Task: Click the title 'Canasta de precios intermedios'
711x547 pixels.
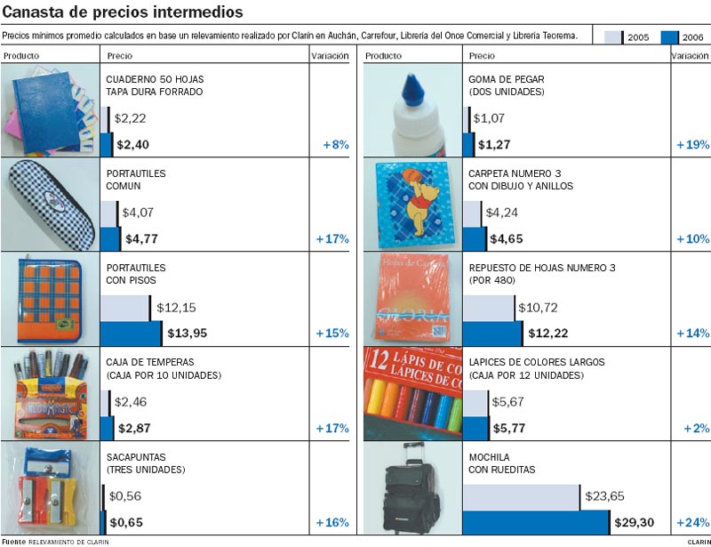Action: pyautogui.click(x=123, y=12)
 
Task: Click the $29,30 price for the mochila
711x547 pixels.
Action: pyautogui.click(x=634, y=522)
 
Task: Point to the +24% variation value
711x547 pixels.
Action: pyautogui.click(x=692, y=522)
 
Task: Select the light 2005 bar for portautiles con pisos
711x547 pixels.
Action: pyautogui.click(x=125, y=308)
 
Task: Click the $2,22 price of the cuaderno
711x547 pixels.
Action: pyautogui.click(x=130, y=118)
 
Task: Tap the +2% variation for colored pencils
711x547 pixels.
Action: pyautogui.click(x=696, y=428)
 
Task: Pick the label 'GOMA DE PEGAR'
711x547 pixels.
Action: pyautogui.click(x=506, y=79)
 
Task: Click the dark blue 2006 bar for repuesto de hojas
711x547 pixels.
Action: pyautogui.click(x=492, y=334)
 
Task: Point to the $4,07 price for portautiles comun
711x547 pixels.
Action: pyautogui.click(x=139, y=213)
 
